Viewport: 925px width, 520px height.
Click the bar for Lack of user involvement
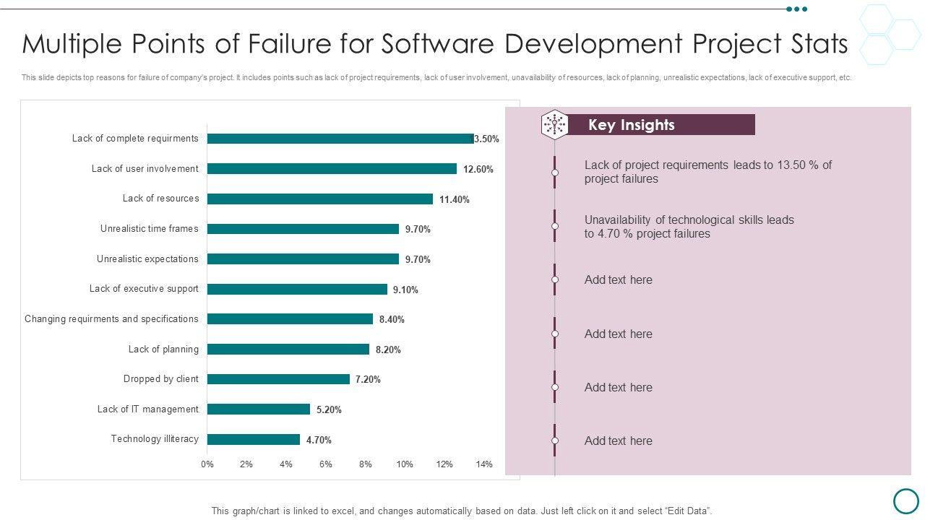tap(332, 168)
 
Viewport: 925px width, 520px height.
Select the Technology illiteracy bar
tap(253, 439)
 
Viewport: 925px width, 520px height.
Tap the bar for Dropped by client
tap(278, 379)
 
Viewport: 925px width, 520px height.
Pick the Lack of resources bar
tap(319, 199)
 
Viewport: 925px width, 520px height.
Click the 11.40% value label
tap(455, 200)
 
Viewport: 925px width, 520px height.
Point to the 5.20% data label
tap(329, 409)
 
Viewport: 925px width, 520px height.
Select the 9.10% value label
tap(405, 290)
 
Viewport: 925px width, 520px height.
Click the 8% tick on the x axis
tap(366, 464)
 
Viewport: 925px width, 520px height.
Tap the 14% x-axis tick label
tap(484, 464)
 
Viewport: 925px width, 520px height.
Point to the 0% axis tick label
tap(207, 464)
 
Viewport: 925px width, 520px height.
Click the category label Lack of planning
tap(163, 350)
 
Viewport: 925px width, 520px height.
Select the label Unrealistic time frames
tap(149, 229)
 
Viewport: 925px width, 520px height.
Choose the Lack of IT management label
tap(147, 409)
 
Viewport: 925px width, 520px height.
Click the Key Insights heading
tap(631, 125)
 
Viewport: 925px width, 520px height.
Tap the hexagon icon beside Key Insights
tap(554, 124)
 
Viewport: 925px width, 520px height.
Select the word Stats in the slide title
tap(814, 44)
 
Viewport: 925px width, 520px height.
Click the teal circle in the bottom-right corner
tap(905, 500)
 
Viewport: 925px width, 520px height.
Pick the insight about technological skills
tap(689, 227)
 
